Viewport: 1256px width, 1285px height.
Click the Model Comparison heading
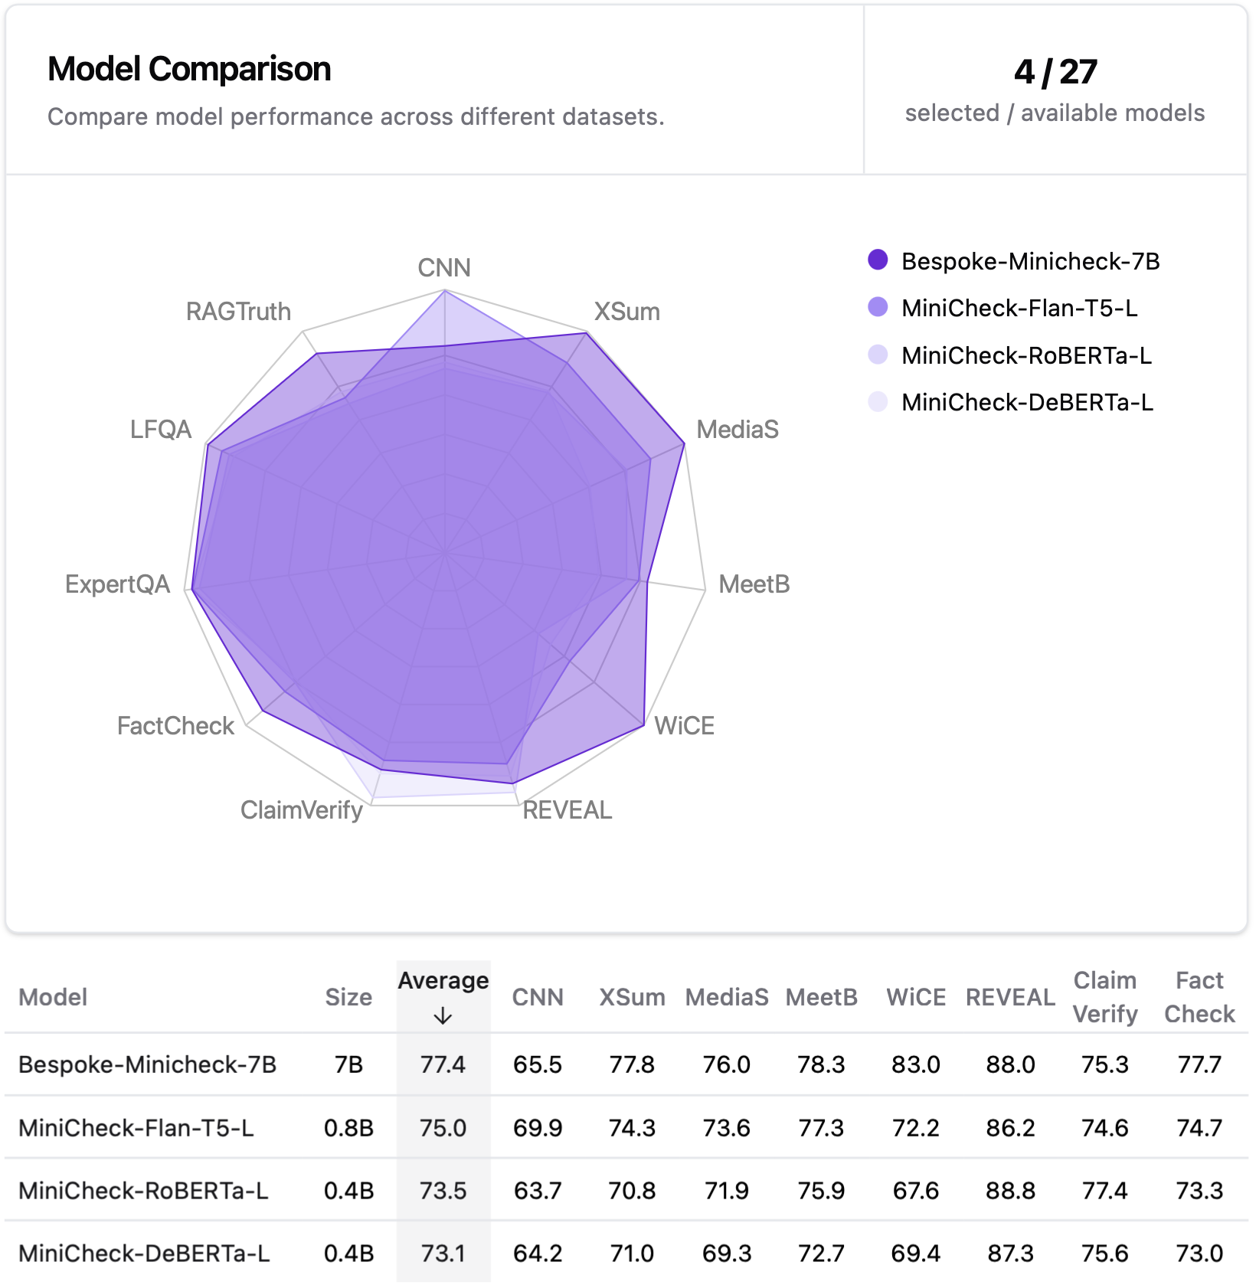coord(189,69)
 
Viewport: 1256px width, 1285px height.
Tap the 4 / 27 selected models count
coord(1055,72)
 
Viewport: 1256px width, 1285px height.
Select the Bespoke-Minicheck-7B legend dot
coord(878,260)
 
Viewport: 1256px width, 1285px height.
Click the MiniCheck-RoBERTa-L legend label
coord(1026,355)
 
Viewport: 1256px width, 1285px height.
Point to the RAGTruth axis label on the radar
coord(238,312)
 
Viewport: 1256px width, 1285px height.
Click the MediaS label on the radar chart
coord(737,430)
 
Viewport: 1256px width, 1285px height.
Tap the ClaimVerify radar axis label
coord(301,809)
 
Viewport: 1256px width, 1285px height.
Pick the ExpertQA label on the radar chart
coord(117,584)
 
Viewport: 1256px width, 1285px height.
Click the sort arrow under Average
coord(443,1016)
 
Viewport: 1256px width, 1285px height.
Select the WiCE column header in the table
coord(915,997)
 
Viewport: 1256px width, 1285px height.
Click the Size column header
coord(348,997)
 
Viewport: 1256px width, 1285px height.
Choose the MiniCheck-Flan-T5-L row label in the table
coord(136,1128)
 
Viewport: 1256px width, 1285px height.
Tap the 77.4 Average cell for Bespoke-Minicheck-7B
coord(443,1064)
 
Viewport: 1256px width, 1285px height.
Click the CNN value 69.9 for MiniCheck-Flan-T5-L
coord(537,1128)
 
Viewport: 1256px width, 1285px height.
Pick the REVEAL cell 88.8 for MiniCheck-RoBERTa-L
coord(1010,1191)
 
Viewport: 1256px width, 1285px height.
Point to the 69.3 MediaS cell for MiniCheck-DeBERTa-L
coord(726,1254)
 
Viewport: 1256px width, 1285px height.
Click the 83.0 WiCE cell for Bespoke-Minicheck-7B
coord(915,1064)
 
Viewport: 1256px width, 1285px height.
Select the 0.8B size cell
coord(348,1128)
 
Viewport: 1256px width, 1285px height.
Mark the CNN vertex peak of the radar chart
coord(444,291)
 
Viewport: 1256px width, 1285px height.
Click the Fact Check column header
coord(1199,997)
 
